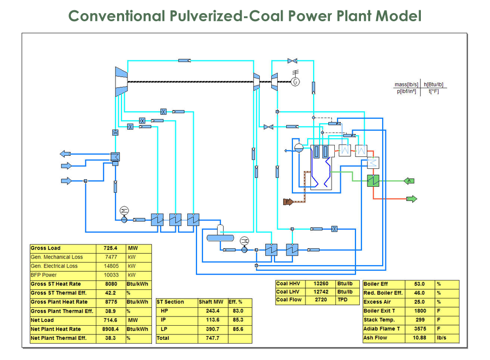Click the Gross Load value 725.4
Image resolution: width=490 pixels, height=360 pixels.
pyautogui.click(x=111, y=248)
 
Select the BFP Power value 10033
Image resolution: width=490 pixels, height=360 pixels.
pyautogui.click(x=111, y=275)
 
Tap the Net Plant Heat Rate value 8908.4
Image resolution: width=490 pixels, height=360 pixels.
pyautogui.click(x=111, y=329)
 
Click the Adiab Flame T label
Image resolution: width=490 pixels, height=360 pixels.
pyautogui.click(x=382, y=329)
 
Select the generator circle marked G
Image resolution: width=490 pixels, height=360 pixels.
pyautogui.click(x=296, y=82)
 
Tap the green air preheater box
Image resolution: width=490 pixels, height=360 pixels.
pyautogui.click(x=373, y=180)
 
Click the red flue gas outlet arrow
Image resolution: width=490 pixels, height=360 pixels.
pyautogui.click(x=411, y=199)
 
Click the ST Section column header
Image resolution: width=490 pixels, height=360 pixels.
pyautogui.click(x=170, y=302)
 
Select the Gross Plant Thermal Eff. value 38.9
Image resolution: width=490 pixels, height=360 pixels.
pyautogui.click(x=111, y=311)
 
